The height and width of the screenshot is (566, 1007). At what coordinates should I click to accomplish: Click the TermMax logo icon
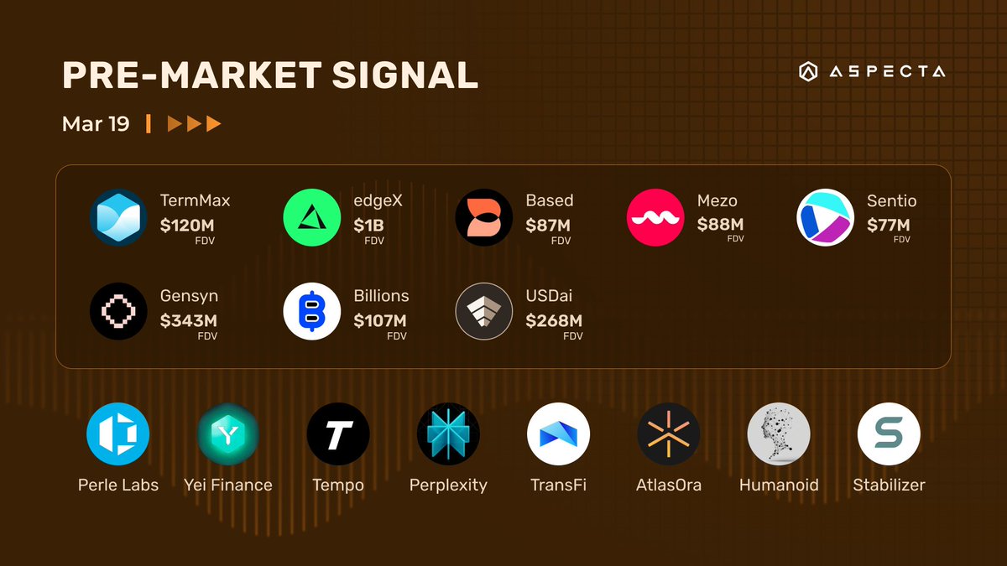(x=118, y=218)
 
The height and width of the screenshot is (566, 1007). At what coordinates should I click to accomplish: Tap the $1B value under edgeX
(x=369, y=225)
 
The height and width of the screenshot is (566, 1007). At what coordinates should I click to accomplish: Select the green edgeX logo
(x=312, y=218)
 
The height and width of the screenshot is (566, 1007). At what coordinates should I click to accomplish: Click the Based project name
(x=550, y=200)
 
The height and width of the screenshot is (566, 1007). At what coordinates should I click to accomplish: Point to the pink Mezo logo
(x=655, y=218)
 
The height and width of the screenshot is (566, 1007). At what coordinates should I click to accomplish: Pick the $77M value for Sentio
(x=889, y=225)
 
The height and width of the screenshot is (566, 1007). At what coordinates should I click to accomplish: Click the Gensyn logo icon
(x=118, y=311)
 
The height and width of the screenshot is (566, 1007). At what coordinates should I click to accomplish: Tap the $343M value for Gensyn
(x=189, y=320)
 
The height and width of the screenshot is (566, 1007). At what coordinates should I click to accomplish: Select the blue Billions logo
(x=312, y=311)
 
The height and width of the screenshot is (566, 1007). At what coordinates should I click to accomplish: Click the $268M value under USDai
(x=554, y=320)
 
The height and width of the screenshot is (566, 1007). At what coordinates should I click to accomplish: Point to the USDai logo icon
(x=484, y=311)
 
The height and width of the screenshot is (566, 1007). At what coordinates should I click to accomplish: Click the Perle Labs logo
(x=118, y=434)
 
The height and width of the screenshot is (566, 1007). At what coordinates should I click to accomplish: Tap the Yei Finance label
(x=228, y=485)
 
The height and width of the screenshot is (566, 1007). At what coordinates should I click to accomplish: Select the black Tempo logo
(x=338, y=434)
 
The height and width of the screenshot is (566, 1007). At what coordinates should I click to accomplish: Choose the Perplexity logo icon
(x=448, y=434)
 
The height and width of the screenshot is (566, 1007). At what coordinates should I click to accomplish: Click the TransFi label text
(x=558, y=485)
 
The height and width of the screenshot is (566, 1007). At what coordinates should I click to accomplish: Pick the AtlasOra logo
(x=669, y=434)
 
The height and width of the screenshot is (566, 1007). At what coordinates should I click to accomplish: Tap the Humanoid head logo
(x=779, y=434)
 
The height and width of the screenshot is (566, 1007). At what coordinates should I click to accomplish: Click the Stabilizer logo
(x=889, y=434)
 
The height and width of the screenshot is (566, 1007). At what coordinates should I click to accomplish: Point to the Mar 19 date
(x=96, y=124)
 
